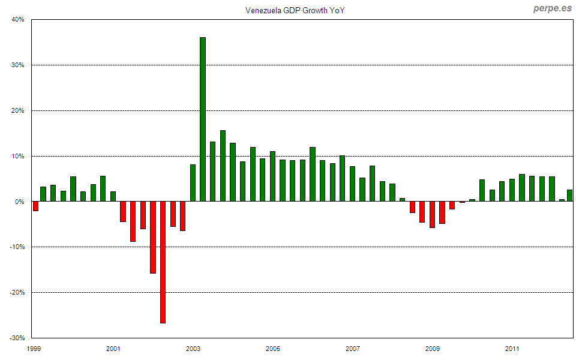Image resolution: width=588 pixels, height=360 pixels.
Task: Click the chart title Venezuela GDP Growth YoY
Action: [x=295, y=10]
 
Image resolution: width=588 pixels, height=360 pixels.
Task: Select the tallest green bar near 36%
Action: [x=203, y=119]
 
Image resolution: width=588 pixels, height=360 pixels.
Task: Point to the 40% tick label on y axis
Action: [x=17, y=20]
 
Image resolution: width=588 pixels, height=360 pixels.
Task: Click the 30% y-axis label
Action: [x=17, y=65]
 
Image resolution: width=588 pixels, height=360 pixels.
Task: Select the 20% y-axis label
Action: [x=17, y=111]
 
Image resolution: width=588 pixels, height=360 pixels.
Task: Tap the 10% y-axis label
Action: [x=17, y=157]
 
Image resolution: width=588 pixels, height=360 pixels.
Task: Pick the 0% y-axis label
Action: [x=19, y=202]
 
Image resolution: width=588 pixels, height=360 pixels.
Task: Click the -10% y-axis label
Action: [x=16, y=247]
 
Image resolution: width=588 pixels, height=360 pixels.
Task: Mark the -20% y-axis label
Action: [x=16, y=293]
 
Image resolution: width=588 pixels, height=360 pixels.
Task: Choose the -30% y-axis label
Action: [x=16, y=338]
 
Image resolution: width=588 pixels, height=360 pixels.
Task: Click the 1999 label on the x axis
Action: [x=34, y=349]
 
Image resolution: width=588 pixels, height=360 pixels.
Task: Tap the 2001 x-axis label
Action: [x=113, y=349]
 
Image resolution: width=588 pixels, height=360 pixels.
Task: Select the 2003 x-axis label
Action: [x=193, y=349]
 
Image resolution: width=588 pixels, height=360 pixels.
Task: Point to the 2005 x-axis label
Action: [x=273, y=349]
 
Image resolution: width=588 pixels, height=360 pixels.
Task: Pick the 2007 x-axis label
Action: [x=353, y=349]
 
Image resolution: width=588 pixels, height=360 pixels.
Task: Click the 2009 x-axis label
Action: [x=433, y=349]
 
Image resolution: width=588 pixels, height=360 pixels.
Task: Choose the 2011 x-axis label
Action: [x=512, y=349]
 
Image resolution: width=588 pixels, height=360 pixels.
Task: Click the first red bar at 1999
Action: [x=36, y=206]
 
